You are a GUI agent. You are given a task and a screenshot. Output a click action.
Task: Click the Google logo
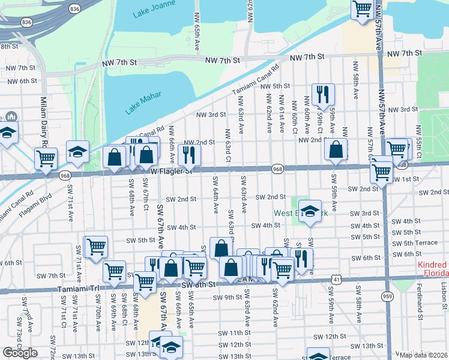20,352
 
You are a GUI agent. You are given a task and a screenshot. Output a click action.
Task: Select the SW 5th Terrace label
419,243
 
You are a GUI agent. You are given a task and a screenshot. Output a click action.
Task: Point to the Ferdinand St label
417,299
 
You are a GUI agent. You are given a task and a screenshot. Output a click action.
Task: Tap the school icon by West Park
310,211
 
